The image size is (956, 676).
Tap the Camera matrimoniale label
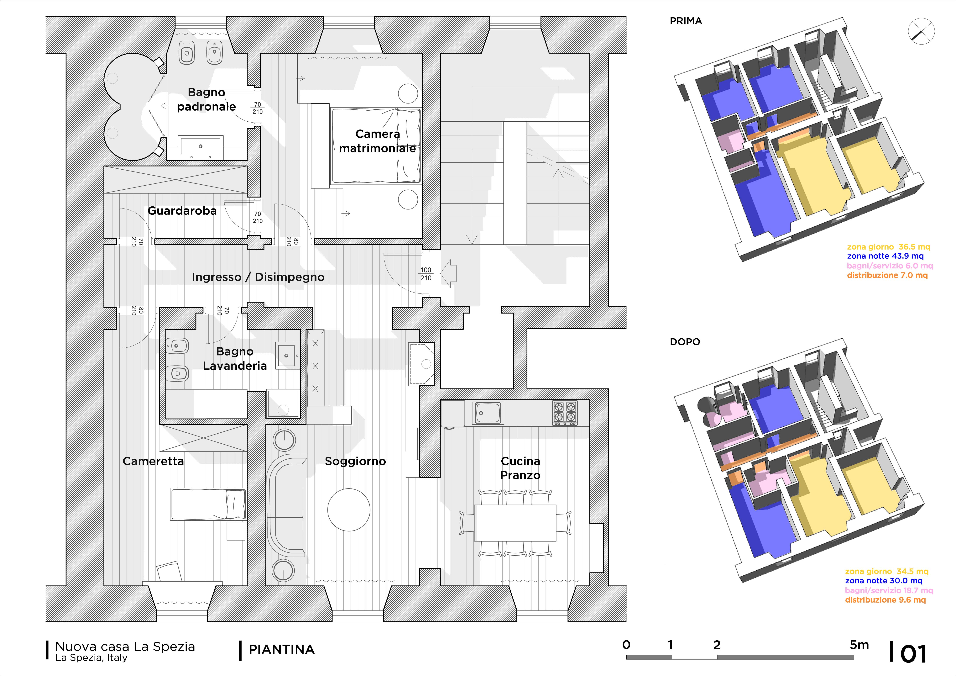[377, 141]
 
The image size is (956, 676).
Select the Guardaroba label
[182, 211]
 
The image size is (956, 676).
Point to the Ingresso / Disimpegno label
[258, 277]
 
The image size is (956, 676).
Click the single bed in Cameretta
[208, 504]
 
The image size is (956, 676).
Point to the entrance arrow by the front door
[448, 273]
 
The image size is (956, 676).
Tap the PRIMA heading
[686, 21]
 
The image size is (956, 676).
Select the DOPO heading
[685, 342]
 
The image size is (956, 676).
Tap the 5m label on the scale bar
[859, 645]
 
